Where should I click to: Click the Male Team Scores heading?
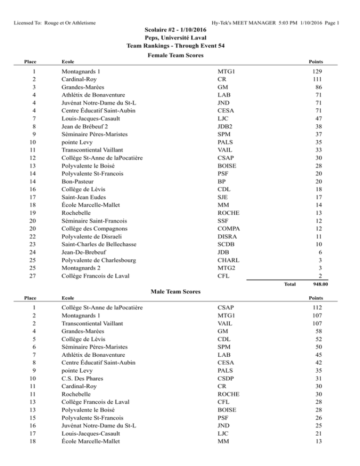(x=180, y=292)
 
